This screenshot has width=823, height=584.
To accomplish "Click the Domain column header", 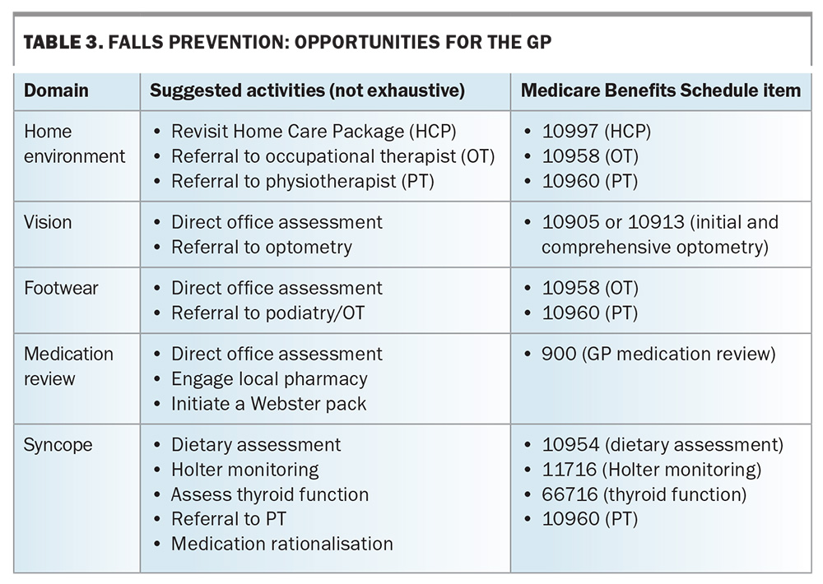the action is point(56,90).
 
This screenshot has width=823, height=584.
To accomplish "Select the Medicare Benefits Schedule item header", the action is point(661,90).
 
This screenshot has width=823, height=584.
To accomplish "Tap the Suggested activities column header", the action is point(308,90).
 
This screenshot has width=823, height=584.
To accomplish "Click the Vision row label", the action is point(48,222).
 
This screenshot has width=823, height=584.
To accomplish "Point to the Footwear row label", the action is point(61,288).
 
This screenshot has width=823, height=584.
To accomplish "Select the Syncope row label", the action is point(58,445).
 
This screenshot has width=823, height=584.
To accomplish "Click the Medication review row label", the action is point(68,366).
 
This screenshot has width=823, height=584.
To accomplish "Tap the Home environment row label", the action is point(75,144).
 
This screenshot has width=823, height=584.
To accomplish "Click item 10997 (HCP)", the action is point(596,131).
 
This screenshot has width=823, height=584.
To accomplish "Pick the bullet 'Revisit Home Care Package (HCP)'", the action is point(314,131).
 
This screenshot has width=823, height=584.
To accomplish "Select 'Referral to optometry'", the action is point(262,247).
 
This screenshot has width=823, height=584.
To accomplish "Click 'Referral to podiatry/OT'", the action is point(267,313).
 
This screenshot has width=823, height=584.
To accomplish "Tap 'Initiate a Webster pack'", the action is point(269,404).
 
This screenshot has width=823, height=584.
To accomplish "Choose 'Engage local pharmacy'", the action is point(269,379).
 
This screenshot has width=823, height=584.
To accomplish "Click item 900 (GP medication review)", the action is point(658,355).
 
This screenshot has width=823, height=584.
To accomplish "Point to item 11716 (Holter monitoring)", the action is point(651,470).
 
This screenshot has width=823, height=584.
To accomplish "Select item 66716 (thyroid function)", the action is point(644,494).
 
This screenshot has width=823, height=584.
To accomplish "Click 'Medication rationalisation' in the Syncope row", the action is point(281,544).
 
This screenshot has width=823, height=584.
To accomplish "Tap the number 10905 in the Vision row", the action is point(570,222).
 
